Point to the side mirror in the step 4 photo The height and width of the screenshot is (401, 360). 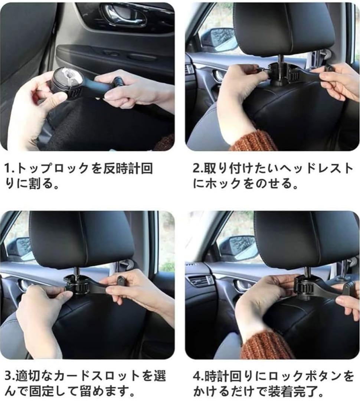pyautogui.click(x=238, y=247)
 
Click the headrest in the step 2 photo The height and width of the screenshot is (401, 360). pyautogui.click(x=284, y=28)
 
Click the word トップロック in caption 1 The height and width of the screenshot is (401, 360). pyautogui.click(x=52, y=169)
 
